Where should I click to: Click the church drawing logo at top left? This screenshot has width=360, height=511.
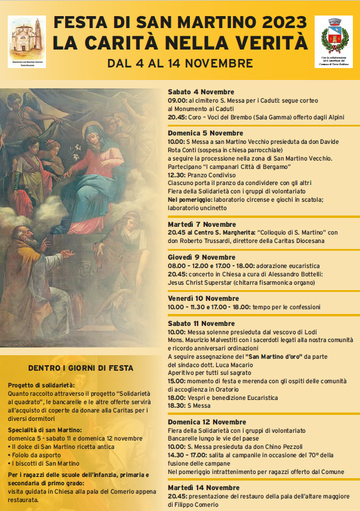coord(27,40)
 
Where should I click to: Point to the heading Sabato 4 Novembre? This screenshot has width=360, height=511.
coord(201,92)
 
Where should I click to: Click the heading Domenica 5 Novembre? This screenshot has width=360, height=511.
coord(205,133)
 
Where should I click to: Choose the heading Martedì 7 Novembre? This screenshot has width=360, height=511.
coord(202,224)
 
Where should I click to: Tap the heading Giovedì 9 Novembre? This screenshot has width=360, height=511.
coord(201,257)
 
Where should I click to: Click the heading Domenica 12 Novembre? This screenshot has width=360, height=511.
coord(207,422)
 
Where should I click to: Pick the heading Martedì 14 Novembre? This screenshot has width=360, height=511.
coord(204,488)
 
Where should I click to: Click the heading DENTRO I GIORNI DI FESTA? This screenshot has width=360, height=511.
coord(81,368)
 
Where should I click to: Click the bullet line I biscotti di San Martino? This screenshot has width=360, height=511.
coord(47,463)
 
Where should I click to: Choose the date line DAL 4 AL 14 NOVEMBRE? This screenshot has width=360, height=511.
coord(180,63)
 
